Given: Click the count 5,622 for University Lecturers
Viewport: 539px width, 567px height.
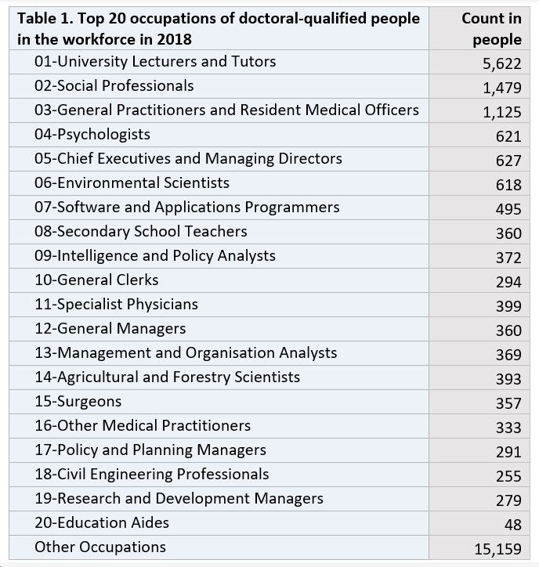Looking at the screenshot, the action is [x=501, y=63].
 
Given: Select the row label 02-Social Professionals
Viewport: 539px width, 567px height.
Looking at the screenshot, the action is [x=114, y=85].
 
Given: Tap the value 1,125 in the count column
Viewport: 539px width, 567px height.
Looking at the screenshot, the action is [x=502, y=112].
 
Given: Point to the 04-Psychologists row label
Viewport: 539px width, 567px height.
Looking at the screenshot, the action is [x=92, y=135].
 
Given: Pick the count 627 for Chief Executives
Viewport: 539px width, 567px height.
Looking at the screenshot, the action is [x=508, y=161].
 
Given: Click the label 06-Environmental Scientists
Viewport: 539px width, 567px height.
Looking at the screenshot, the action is [x=132, y=182].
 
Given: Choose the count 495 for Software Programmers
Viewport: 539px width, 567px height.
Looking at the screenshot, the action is [x=508, y=209].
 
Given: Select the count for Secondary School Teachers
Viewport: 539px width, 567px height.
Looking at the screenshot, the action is [x=508, y=233].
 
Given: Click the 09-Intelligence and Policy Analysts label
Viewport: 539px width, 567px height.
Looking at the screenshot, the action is [x=155, y=255].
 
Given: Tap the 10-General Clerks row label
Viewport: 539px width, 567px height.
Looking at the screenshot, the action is [x=96, y=280].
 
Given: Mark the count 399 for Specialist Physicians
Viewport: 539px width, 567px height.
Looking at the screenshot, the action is [x=508, y=306].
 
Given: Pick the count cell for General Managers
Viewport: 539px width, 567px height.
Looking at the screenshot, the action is [x=508, y=330].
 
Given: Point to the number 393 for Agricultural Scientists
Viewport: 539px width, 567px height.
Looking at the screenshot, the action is [x=508, y=379].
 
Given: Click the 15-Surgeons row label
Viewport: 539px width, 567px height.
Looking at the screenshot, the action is [x=78, y=402].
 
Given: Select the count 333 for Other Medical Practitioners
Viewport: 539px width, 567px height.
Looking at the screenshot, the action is [x=508, y=428].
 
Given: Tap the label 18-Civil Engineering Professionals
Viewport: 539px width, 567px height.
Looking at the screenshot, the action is [x=152, y=475].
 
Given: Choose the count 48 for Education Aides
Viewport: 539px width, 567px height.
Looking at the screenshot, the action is [x=513, y=525].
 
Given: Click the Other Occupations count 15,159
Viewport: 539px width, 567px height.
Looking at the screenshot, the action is [x=497, y=549].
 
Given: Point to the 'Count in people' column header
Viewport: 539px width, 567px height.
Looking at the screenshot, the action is [x=492, y=29].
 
